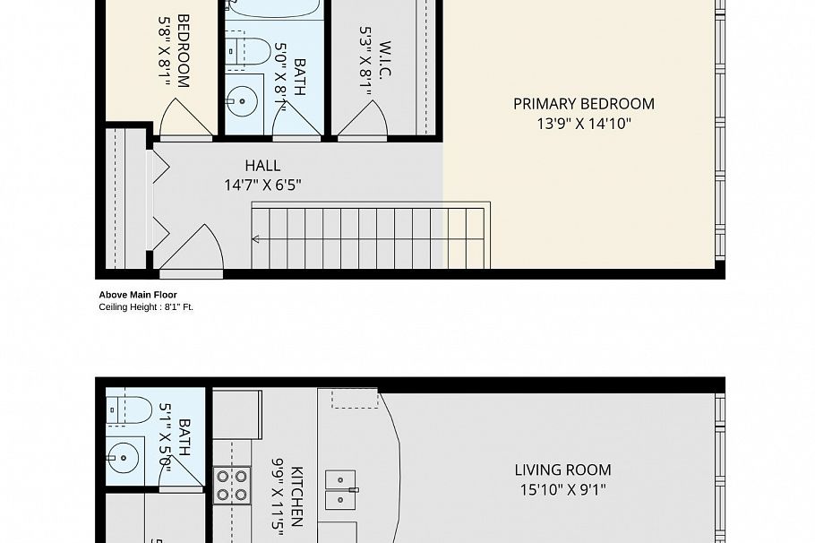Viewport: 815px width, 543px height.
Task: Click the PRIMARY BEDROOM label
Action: tap(583, 104)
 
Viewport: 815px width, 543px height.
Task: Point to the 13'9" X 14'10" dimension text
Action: tap(583, 125)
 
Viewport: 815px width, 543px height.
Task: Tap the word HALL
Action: tap(262, 166)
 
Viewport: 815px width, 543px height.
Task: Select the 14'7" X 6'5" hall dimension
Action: tap(262, 185)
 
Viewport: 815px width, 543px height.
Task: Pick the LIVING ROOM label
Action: tap(562, 470)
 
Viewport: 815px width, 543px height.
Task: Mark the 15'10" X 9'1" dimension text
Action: tap(562, 490)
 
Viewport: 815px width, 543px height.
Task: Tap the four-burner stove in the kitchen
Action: tap(231, 485)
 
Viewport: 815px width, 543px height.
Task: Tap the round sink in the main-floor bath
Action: tap(124, 457)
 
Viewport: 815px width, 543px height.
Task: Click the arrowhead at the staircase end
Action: tap(256, 239)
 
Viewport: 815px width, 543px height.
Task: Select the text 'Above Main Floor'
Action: tap(137, 295)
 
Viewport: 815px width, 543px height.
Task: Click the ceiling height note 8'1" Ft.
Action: tap(145, 306)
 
